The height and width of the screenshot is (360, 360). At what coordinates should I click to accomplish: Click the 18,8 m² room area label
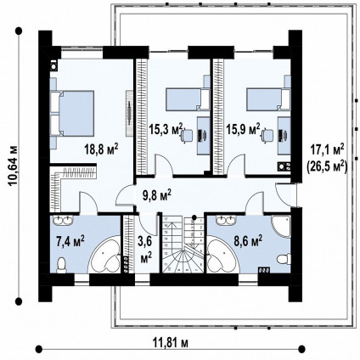(101, 149)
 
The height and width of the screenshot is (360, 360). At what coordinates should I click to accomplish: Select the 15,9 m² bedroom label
(243, 129)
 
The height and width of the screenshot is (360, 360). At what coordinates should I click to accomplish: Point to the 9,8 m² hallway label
(157, 195)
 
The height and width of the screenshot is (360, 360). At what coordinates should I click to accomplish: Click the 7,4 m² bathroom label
(70, 241)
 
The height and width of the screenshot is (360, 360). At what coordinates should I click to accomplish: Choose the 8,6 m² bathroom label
(248, 241)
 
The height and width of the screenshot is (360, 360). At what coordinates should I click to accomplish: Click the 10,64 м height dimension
(13, 166)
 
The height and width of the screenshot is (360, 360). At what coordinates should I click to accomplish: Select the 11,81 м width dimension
(171, 343)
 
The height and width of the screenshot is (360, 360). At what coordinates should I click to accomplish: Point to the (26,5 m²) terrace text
(327, 167)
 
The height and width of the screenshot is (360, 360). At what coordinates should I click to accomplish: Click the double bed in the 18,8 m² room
(72, 113)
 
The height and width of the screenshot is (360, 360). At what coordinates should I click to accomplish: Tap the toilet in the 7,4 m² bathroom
(61, 266)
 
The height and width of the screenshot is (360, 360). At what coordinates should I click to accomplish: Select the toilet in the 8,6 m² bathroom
(284, 259)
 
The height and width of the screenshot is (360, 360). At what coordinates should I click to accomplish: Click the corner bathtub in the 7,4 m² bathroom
(105, 255)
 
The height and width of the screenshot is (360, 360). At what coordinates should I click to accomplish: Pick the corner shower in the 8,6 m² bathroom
(281, 227)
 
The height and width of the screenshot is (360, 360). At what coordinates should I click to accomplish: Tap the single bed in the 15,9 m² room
(268, 99)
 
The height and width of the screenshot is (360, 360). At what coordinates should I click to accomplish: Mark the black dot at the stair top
(194, 217)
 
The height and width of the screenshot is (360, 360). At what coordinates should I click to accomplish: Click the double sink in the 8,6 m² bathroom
(226, 220)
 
